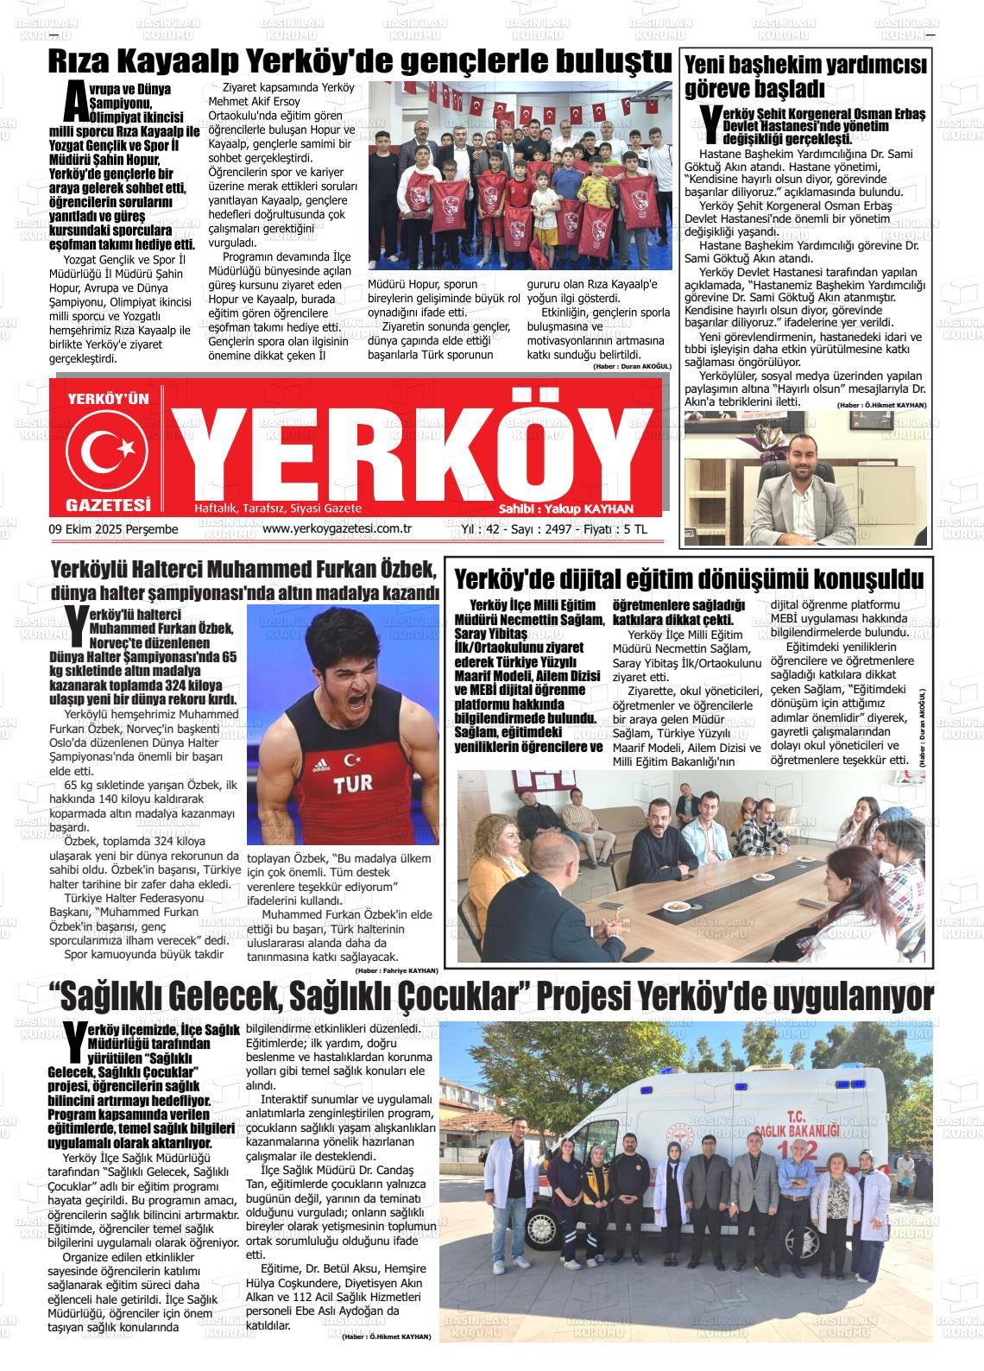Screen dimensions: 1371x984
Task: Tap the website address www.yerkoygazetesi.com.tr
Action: pyautogui.click(x=337, y=529)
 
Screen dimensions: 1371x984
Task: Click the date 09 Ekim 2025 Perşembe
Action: pyautogui.click(x=114, y=529)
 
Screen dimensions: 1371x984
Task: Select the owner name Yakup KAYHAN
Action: pyautogui.click(x=590, y=509)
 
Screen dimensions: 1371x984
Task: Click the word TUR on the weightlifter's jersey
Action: pyautogui.click(x=353, y=785)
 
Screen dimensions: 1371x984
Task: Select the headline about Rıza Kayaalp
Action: pyautogui.click(x=359, y=62)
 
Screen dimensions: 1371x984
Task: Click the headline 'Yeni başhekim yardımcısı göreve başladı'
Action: pyautogui.click(x=804, y=77)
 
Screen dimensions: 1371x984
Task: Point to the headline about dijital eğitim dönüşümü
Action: pyautogui.click(x=689, y=578)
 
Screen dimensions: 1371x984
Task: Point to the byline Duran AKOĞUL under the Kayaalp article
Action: pyautogui.click(x=632, y=367)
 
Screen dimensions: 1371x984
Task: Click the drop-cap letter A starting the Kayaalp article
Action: pyautogui.click(x=76, y=103)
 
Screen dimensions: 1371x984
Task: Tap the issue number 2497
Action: pyautogui.click(x=554, y=529)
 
